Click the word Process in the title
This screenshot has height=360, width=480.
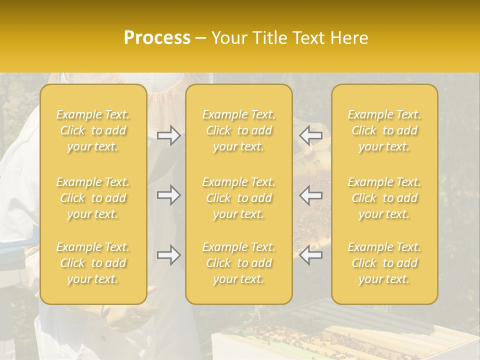(157, 38)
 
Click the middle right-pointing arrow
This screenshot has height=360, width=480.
(169, 195)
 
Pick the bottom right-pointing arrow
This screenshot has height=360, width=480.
(169, 255)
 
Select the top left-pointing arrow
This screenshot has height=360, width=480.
(311, 135)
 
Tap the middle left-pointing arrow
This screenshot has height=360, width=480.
(311, 195)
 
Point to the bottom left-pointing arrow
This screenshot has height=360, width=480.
(311, 255)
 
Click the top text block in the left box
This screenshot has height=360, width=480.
(93, 130)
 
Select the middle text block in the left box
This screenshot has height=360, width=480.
(93, 198)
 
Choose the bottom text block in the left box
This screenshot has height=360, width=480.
(93, 263)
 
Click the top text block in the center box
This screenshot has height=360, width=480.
(239, 130)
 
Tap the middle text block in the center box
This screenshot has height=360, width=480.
(239, 198)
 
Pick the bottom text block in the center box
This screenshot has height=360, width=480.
(239, 263)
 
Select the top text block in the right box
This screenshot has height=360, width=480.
(384, 130)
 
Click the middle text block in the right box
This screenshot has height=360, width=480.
(384, 198)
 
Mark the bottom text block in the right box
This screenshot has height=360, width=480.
(384, 263)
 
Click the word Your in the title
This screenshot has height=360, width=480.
(228, 38)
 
